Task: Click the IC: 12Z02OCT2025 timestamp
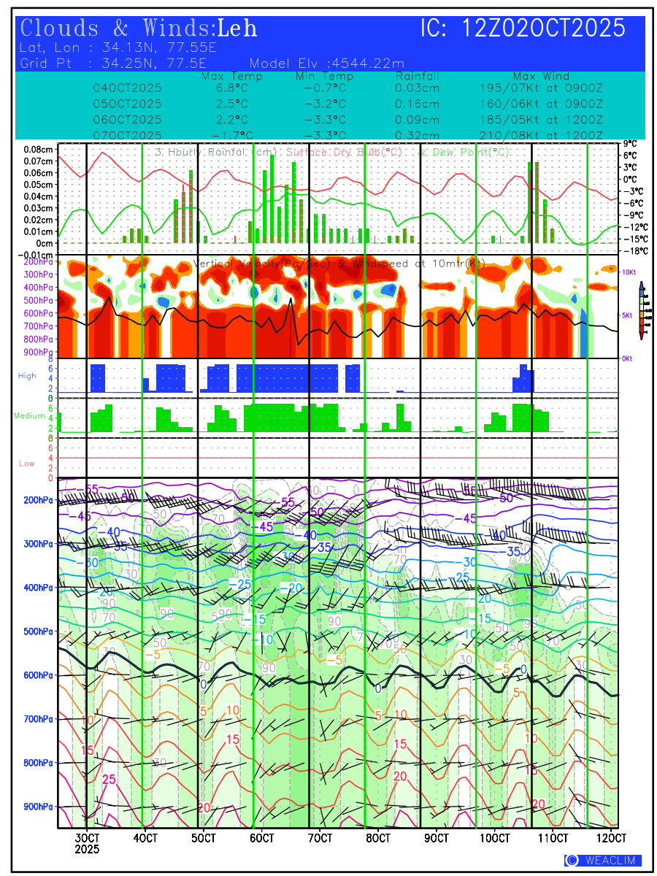523,28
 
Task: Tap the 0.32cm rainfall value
417,135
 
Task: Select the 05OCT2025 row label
127,104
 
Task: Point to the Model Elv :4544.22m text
326,63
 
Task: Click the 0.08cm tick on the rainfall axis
38,149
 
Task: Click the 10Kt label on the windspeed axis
629,272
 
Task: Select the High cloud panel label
27,375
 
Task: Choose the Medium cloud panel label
29,416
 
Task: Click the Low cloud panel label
27,464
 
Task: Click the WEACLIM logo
602,861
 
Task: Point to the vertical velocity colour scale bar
641,310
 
